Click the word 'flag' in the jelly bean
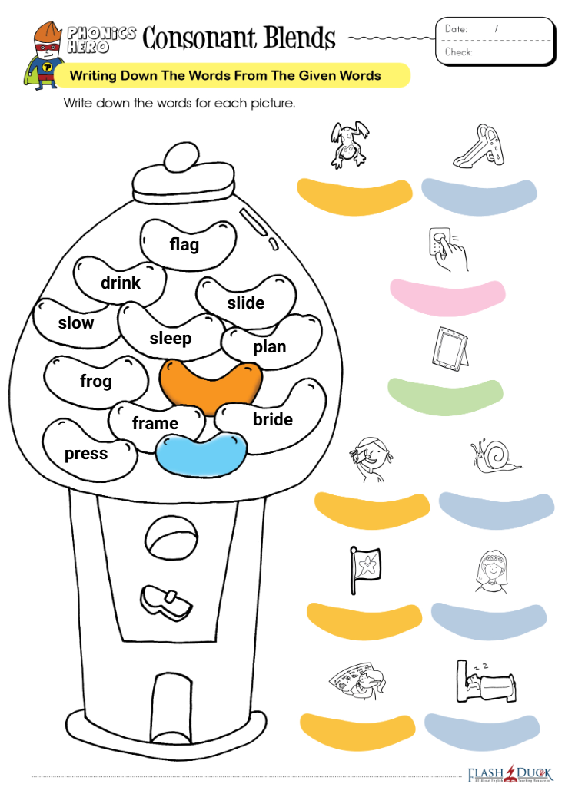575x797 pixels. pyautogui.click(x=184, y=244)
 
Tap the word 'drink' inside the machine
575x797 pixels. pyautogui.click(x=121, y=283)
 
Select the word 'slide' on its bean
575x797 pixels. pyautogui.click(x=246, y=303)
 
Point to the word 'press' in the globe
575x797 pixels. pyautogui.click(x=86, y=453)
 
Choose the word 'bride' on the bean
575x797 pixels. pyautogui.click(x=273, y=419)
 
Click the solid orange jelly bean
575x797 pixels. pyautogui.click(x=211, y=386)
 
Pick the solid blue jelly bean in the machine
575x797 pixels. pyautogui.click(x=201, y=455)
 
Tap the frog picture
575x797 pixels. pyautogui.click(x=348, y=145)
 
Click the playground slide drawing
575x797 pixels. pyautogui.click(x=478, y=146)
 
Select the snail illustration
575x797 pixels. pyautogui.click(x=495, y=456)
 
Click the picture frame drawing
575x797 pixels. pyautogui.click(x=450, y=349)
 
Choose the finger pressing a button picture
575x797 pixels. pyautogui.click(x=448, y=249)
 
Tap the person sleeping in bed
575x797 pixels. pyautogui.click(x=485, y=681)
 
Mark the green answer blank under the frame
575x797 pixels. pyautogui.click(x=445, y=396)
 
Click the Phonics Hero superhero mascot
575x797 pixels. pyautogui.click(x=45, y=55)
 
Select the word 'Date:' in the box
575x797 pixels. pyautogui.click(x=456, y=29)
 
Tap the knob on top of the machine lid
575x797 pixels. pyautogui.click(x=181, y=157)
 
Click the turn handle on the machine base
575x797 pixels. pyautogui.click(x=166, y=603)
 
